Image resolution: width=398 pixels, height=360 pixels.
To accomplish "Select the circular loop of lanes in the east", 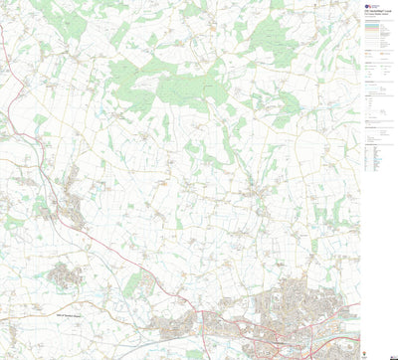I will pos(254,189).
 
